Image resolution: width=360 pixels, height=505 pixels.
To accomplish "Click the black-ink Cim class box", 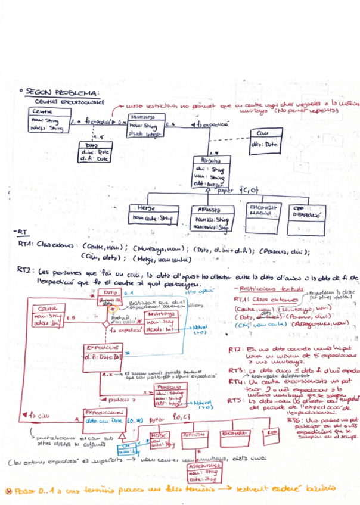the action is [x=263, y=142].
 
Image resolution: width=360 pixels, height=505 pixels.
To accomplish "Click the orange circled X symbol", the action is [x=8, y=491].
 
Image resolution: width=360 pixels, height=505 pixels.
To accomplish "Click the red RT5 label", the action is [x=234, y=401].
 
